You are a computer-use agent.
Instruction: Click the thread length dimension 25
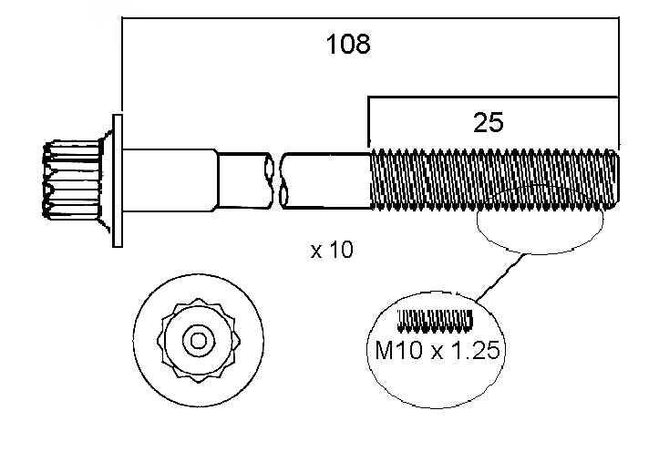click(489, 123)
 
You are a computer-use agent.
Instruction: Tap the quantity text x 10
click(332, 250)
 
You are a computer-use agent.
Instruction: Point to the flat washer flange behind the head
click(117, 180)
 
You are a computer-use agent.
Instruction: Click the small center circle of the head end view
click(196, 341)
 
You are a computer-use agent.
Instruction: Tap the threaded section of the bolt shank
click(492, 180)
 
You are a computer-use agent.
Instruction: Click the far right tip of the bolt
click(619, 180)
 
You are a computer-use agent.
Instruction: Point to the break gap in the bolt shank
click(276, 180)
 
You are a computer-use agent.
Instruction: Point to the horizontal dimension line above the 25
click(492, 94)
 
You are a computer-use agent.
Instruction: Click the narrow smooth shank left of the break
click(242, 180)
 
